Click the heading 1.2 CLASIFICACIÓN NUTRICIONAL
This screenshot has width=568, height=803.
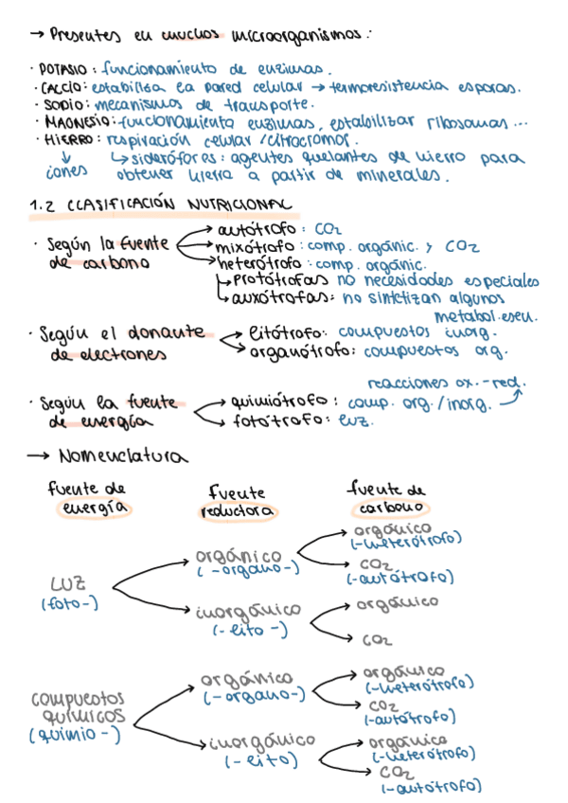pyautogui.click(x=162, y=205)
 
